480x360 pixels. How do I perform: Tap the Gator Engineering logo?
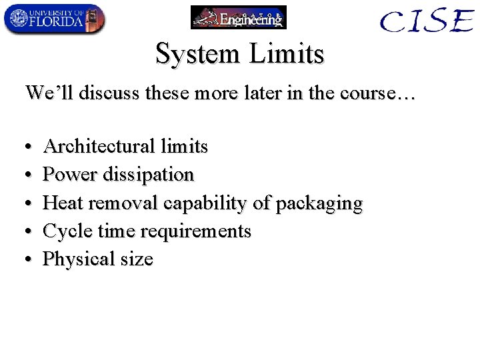click(x=238, y=17)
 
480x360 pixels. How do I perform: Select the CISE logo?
click(x=427, y=21)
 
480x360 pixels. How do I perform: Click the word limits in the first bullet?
click(x=184, y=146)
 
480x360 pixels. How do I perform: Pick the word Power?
click(x=70, y=175)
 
